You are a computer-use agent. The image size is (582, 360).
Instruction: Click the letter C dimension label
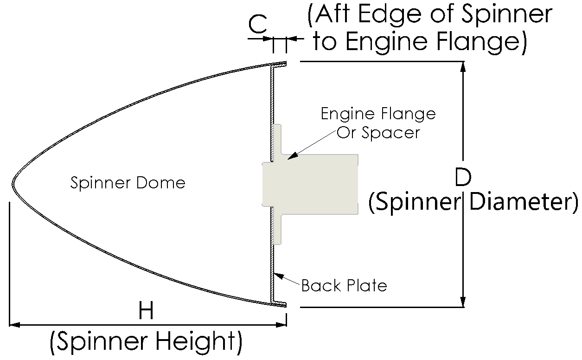coord(258,24)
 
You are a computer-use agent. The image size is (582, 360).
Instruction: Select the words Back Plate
coord(344,285)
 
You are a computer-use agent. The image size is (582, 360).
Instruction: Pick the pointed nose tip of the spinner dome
coord(13,183)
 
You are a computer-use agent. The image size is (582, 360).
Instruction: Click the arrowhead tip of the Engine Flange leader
coord(288,159)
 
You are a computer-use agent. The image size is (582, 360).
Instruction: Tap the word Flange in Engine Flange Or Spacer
coord(413,114)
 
